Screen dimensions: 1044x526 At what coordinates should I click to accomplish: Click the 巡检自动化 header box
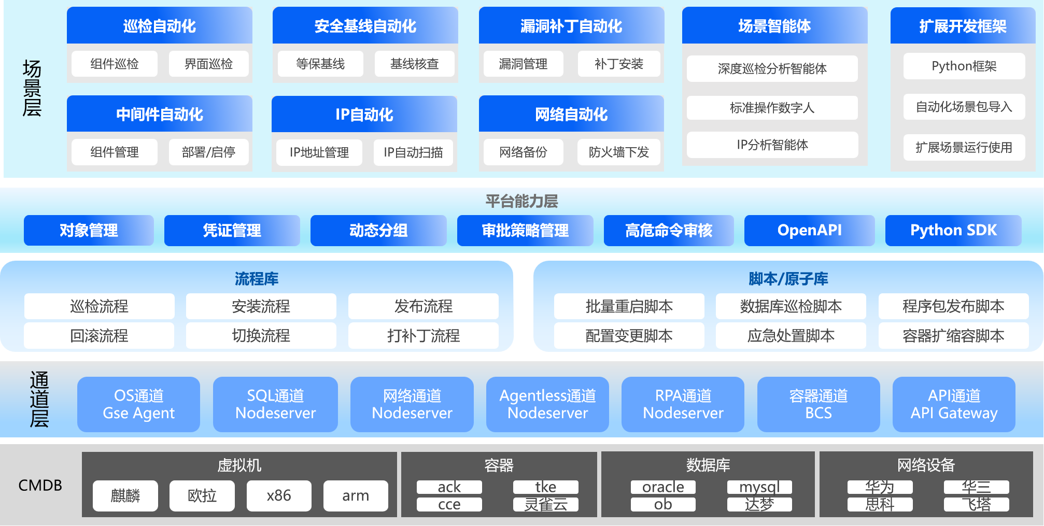(160, 25)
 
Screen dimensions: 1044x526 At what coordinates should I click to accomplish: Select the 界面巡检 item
(209, 64)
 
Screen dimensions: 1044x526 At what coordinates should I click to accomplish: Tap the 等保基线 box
(320, 64)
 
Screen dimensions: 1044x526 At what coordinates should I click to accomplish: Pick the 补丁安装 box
(619, 64)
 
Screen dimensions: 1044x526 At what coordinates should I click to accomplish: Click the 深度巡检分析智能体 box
(772, 68)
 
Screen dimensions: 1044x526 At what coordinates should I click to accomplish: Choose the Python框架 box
(964, 66)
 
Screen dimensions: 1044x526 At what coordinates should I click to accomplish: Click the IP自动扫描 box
(413, 152)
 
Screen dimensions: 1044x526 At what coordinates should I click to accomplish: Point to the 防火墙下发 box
(619, 152)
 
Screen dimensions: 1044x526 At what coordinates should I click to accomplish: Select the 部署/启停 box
(209, 152)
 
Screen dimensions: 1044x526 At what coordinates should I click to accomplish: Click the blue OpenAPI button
(810, 231)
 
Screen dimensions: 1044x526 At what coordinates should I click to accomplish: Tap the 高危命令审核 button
(669, 231)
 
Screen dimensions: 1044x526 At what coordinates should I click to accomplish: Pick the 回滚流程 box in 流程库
(100, 336)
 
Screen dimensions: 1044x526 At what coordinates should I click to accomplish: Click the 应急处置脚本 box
(791, 336)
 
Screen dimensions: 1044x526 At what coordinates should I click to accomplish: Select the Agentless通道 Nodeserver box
(547, 404)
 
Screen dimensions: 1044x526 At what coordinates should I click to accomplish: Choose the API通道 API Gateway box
(954, 404)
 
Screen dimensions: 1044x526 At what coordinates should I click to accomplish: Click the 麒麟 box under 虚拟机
(125, 496)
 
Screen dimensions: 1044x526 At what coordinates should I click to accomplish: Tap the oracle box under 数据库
(663, 487)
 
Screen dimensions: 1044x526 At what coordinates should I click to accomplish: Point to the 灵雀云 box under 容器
(546, 504)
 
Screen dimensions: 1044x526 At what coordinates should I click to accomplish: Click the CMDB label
(40, 485)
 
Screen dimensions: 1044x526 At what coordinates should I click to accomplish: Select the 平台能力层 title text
(521, 201)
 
